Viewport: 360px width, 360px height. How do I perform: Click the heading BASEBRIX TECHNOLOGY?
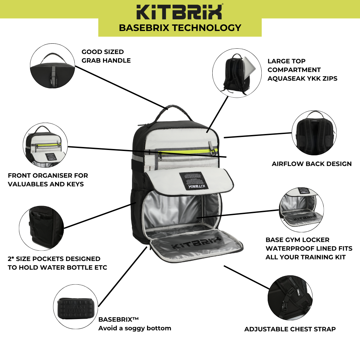coord(180,28)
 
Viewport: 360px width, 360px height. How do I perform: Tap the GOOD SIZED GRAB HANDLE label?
coord(106,56)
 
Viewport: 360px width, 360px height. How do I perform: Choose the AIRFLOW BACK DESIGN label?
coord(311,164)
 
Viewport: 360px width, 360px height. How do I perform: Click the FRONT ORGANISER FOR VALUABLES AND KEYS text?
coord(48,180)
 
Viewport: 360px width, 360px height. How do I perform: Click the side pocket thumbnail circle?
coord(41,228)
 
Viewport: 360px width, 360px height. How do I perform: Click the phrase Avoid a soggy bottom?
coord(135,328)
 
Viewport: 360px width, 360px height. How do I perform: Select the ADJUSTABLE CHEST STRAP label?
coord(290,329)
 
